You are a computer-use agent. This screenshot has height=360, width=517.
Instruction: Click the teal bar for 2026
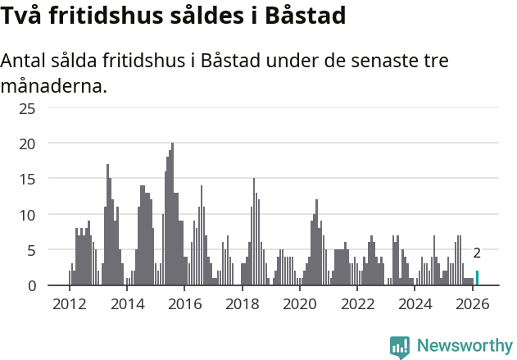click(x=477, y=278)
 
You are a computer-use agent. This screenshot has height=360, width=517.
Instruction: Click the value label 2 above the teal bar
click(x=477, y=253)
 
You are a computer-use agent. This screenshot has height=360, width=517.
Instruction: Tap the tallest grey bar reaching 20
click(x=172, y=215)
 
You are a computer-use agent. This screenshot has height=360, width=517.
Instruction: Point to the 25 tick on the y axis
click(x=27, y=108)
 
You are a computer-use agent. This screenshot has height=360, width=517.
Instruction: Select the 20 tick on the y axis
click(x=27, y=144)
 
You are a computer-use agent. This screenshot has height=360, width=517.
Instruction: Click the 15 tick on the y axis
click(x=27, y=179)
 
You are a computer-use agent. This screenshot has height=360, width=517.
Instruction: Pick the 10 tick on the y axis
click(x=27, y=215)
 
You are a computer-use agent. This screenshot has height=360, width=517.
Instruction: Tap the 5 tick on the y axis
click(x=31, y=250)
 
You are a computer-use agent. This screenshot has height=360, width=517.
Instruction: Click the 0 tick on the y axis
click(x=31, y=285)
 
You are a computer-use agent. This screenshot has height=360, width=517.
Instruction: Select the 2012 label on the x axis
click(x=69, y=304)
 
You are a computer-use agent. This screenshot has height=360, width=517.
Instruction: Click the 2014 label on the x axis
click(x=126, y=304)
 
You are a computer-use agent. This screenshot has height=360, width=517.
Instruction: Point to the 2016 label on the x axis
click(x=184, y=304)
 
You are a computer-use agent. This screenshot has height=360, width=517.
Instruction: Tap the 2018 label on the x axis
click(x=242, y=304)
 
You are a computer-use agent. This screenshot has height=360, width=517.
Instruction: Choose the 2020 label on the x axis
click(x=300, y=304)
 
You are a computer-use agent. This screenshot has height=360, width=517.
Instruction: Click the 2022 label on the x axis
click(x=357, y=304)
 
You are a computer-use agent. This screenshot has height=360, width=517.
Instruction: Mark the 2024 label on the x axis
click(x=415, y=304)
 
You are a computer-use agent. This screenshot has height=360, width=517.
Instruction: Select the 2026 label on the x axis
click(x=473, y=304)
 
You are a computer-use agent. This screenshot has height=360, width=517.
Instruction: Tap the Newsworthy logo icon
click(x=400, y=346)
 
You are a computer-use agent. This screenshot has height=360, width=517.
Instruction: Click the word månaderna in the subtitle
click(x=54, y=84)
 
